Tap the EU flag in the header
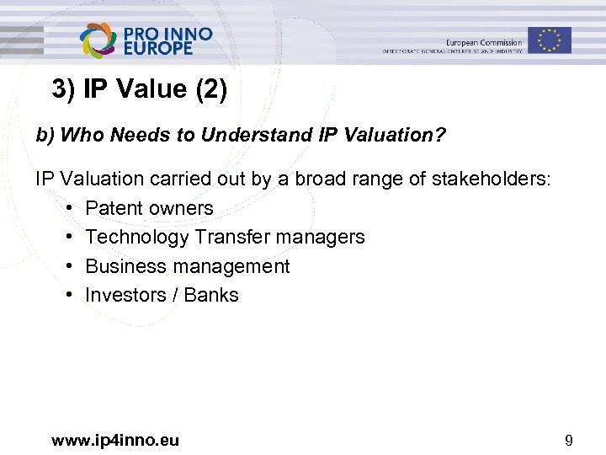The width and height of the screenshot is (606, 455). [x=549, y=40]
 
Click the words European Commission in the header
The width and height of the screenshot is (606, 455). [x=483, y=43]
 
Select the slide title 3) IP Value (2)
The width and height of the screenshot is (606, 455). [x=139, y=89]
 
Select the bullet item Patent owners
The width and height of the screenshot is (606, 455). [x=149, y=208]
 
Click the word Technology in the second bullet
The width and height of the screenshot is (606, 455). [x=137, y=238]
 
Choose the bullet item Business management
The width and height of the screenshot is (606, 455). [x=187, y=266]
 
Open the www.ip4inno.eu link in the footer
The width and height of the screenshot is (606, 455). [x=115, y=439]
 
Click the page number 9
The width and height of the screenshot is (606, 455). [x=569, y=439]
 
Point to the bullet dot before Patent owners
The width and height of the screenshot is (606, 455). [x=67, y=208]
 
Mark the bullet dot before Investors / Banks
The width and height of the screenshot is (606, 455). [x=67, y=295]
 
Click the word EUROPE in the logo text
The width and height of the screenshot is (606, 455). [x=158, y=49]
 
